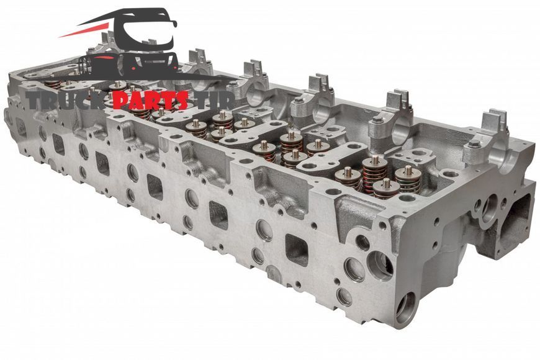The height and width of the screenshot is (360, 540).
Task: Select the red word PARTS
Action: click(x=150, y=101)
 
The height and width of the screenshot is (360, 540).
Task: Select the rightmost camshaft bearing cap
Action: click(x=489, y=138)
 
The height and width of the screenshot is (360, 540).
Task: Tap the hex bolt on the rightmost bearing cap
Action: click(x=475, y=145)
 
